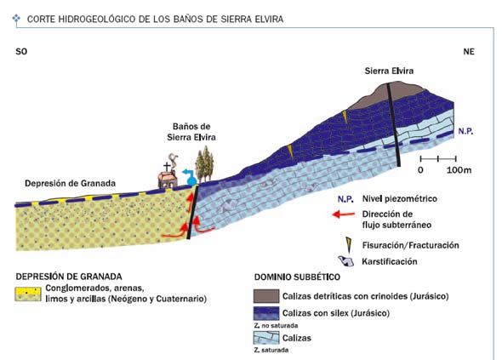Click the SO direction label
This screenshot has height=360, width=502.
coord(21,51)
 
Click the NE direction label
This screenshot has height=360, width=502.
coord(469,51)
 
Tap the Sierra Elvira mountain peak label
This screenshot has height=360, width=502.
coord(389,71)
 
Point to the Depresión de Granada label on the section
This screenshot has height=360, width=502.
coord(70,184)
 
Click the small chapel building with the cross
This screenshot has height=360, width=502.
coord(167,176)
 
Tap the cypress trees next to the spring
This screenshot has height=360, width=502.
coord(204,164)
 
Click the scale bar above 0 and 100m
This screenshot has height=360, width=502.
coord(438,158)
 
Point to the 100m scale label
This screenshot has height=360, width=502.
coord(459,169)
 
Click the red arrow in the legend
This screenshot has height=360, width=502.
coord(344,214)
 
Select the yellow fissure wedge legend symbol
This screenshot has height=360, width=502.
coord(348,245)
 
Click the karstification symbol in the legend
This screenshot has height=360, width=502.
coord(346,261)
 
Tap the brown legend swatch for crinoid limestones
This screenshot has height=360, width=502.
coord(266,296)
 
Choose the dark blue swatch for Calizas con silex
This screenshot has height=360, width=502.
coord(266,313)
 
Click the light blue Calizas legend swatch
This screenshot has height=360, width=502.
coord(266,338)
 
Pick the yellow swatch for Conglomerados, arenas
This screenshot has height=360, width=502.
coord(28,294)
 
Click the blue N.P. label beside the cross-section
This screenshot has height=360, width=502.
coord(465,131)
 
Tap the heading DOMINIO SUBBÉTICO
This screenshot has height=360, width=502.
coord(297,277)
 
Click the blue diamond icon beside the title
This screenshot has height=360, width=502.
coord(16,19)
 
